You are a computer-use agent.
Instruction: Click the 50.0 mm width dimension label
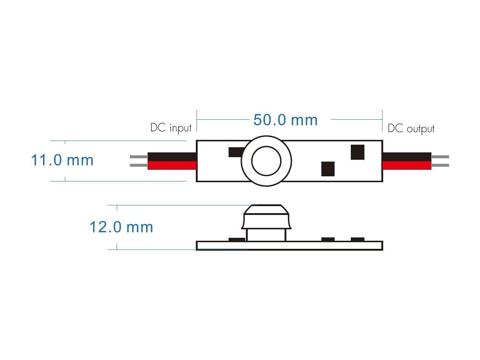click(x=285, y=120)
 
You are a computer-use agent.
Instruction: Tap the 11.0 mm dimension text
click(x=62, y=160)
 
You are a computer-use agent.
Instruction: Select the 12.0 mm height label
click(x=121, y=227)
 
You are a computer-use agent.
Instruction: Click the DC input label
click(x=171, y=128)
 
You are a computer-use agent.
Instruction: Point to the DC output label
click(x=411, y=128)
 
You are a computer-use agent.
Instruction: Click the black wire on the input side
click(x=172, y=156)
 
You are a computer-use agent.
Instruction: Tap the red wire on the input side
click(x=172, y=165)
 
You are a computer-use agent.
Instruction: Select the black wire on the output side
click(x=406, y=156)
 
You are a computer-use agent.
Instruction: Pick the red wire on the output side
click(x=406, y=165)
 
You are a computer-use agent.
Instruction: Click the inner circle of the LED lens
click(x=266, y=161)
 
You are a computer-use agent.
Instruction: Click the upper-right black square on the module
click(x=357, y=152)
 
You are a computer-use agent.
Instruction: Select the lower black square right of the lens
click(x=328, y=169)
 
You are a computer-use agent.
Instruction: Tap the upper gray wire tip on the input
click(x=139, y=157)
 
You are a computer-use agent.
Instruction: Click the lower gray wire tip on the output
click(x=440, y=165)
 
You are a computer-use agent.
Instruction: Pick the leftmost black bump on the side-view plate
click(x=237, y=240)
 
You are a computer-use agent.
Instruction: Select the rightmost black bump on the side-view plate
click(x=357, y=239)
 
